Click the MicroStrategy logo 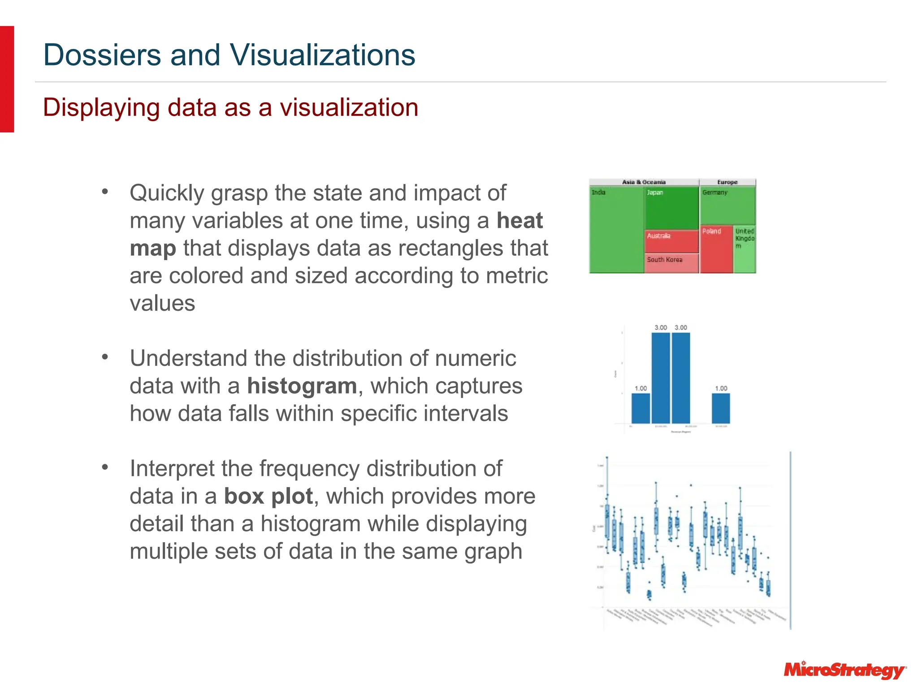point(844,671)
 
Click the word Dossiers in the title point(102,55)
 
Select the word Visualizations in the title point(322,55)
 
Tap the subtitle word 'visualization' point(349,108)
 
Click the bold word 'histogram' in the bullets point(302,386)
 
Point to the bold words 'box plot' point(268,497)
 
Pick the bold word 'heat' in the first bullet point(520,221)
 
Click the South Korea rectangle point(671,263)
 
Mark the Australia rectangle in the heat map point(671,242)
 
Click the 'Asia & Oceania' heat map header point(644,182)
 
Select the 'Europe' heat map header point(727,182)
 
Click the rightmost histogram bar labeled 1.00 point(721,409)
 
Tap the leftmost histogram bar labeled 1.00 point(641,409)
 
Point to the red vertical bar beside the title point(7,79)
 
